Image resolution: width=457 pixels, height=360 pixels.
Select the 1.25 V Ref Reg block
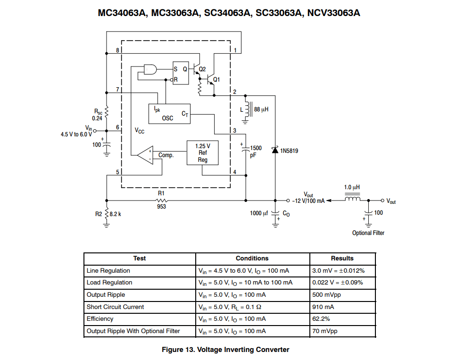pos(202,153)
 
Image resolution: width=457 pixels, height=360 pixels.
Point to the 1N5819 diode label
pos(289,151)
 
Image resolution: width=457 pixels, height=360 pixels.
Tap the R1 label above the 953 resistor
pos(161,193)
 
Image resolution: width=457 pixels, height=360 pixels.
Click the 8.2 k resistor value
pos(116,214)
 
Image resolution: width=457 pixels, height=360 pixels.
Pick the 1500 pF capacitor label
pos(255,151)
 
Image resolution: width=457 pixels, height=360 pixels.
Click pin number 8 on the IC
pos(117,50)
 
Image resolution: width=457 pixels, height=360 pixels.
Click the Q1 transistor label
pos(216,80)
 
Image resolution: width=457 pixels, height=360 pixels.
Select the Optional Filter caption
pos(368,233)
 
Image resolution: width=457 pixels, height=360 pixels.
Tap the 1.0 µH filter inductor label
pos(352,187)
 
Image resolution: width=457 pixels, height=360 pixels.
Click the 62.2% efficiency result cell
pos(321,318)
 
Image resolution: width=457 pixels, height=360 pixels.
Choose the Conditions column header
pos(252,259)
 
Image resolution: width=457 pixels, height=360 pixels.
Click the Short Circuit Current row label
pos(115,307)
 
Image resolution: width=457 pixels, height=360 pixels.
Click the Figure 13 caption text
pos(225,350)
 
